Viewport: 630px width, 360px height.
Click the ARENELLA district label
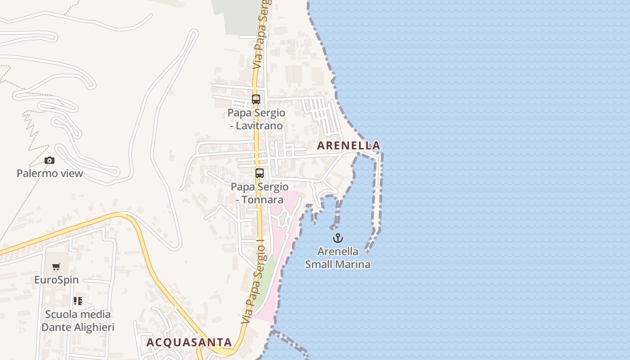(x=349, y=146)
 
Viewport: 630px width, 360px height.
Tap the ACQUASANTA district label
(x=189, y=342)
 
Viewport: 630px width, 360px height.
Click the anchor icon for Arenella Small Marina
(x=338, y=238)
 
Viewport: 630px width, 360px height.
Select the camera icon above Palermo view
(x=49, y=160)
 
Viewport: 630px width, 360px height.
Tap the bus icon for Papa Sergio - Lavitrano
(x=256, y=99)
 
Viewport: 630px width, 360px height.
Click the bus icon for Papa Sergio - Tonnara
(x=260, y=173)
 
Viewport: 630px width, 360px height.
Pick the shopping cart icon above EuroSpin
(x=56, y=267)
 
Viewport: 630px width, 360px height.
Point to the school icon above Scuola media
(x=78, y=301)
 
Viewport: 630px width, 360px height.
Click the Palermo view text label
(x=50, y=173)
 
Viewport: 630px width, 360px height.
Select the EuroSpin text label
(x=56, y=280)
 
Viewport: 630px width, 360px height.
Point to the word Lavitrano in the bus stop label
(x=261, y=126)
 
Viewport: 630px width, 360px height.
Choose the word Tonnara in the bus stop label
(x=264, y=199)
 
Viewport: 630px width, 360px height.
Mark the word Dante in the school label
(x=55, y=327)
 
